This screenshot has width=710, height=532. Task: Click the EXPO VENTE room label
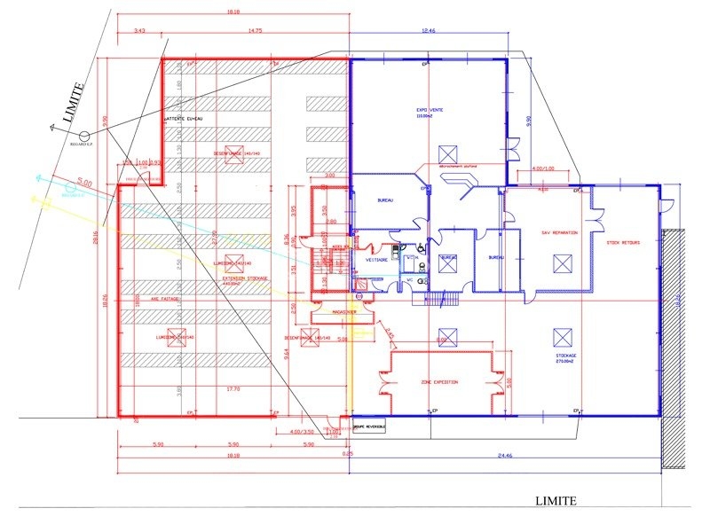point(430,111)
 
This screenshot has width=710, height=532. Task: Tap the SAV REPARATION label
point(559,232)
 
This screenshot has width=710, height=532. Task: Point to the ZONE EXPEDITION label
point(438,381)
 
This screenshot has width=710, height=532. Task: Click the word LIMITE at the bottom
point(556,501)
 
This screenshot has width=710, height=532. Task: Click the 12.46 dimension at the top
point(429,30)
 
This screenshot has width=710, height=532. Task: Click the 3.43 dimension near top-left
point(139,30)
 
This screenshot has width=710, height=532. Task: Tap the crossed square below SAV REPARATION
point(560,262)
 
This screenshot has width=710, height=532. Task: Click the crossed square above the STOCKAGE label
point(560,336)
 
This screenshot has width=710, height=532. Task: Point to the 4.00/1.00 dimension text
point(542,168)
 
